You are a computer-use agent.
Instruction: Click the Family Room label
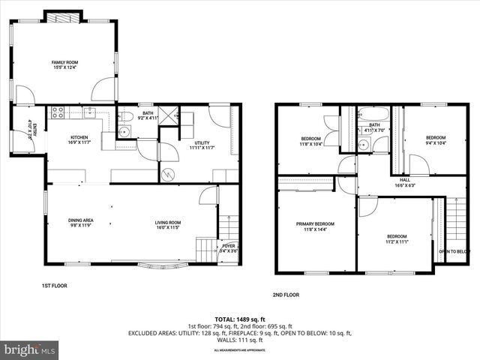pos(65,65)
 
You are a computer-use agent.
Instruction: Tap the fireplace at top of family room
pos(58,16)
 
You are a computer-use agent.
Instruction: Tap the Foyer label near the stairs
pos(229,248)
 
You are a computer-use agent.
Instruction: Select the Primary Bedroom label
pos(315,226)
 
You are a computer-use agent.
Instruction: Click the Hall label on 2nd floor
pos(404,183)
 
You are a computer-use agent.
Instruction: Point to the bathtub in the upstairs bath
pos(373,115)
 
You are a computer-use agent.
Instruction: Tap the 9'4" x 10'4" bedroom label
pos(436,140)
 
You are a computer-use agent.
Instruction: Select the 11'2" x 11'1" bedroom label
pos(397,238)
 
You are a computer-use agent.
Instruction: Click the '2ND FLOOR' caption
pos(285,295)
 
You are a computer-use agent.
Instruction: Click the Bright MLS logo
pos(30,349)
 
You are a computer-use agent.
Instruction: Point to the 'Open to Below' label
pos(454,251)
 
